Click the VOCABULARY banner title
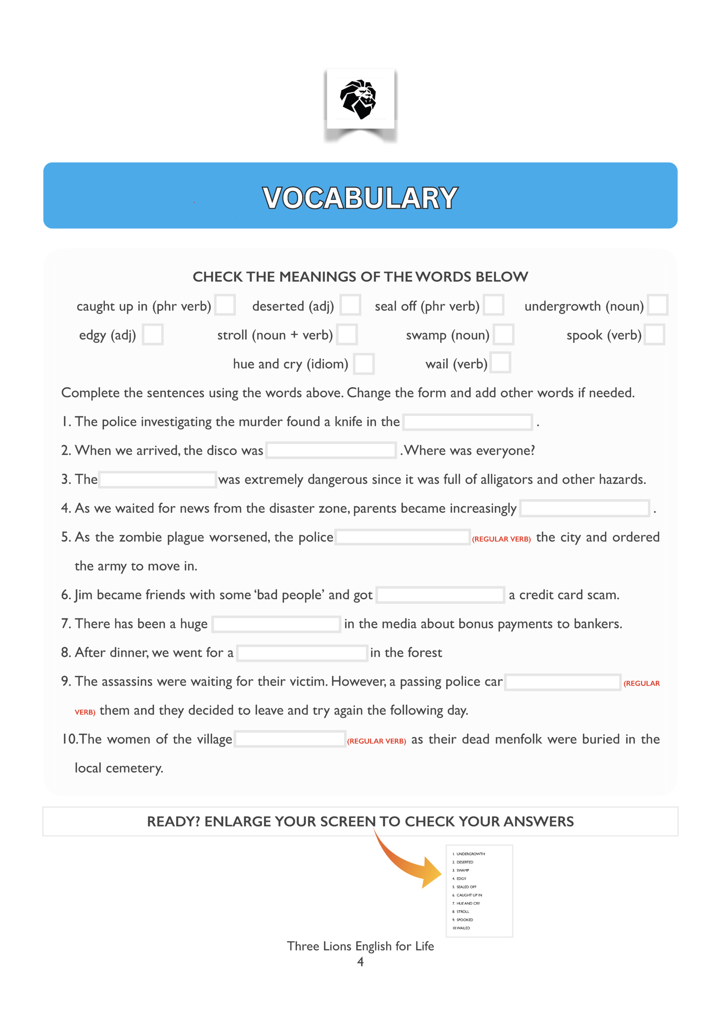click(360, 198)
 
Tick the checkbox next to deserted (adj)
click(350, 305)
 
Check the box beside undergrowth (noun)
click(658, 305)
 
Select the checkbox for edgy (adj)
click(153, 335)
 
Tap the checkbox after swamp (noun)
click(504, 335)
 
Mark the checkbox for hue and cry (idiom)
click(364, 364)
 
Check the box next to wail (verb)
click(500, 363)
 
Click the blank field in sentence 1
click(468, 422)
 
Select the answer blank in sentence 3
click(158, 480)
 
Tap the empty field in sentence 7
click(276, 624)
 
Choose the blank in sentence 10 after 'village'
click(290, 739)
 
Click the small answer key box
click(479, 891)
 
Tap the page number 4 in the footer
click(360, 962)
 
